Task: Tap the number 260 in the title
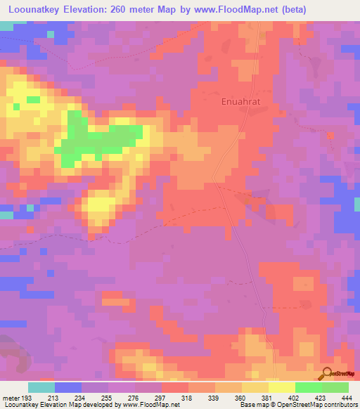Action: tap(120, 10)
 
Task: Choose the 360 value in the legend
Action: tap(240, 397)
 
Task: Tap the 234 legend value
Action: tap(81, 397)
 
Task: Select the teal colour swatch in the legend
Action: tap(41, 387)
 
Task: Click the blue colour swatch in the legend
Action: tap(68, 387)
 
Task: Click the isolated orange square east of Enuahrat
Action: tap(330, 135)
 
